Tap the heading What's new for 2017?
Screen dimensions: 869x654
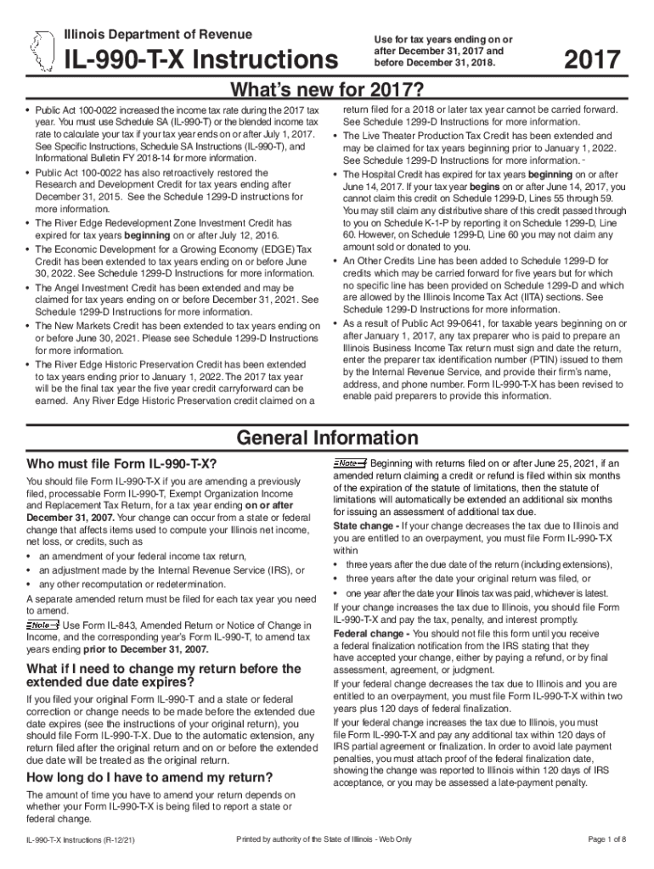pyautogui.click(x=326, y=90)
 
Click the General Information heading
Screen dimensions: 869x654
pyautogui.click(x=326, y=438)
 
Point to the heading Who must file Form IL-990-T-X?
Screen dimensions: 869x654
pyautogui.click(x=121, y=464)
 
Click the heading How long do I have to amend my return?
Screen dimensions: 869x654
pyautogui.click(x=149, y=777)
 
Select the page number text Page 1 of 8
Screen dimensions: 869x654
pyautogui.click(x=606, y=839)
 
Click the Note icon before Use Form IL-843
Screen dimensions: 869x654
pyautogui.click(x=43, y=625)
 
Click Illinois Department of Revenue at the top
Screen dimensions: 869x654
pyautogui.click(x=158, y=34)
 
